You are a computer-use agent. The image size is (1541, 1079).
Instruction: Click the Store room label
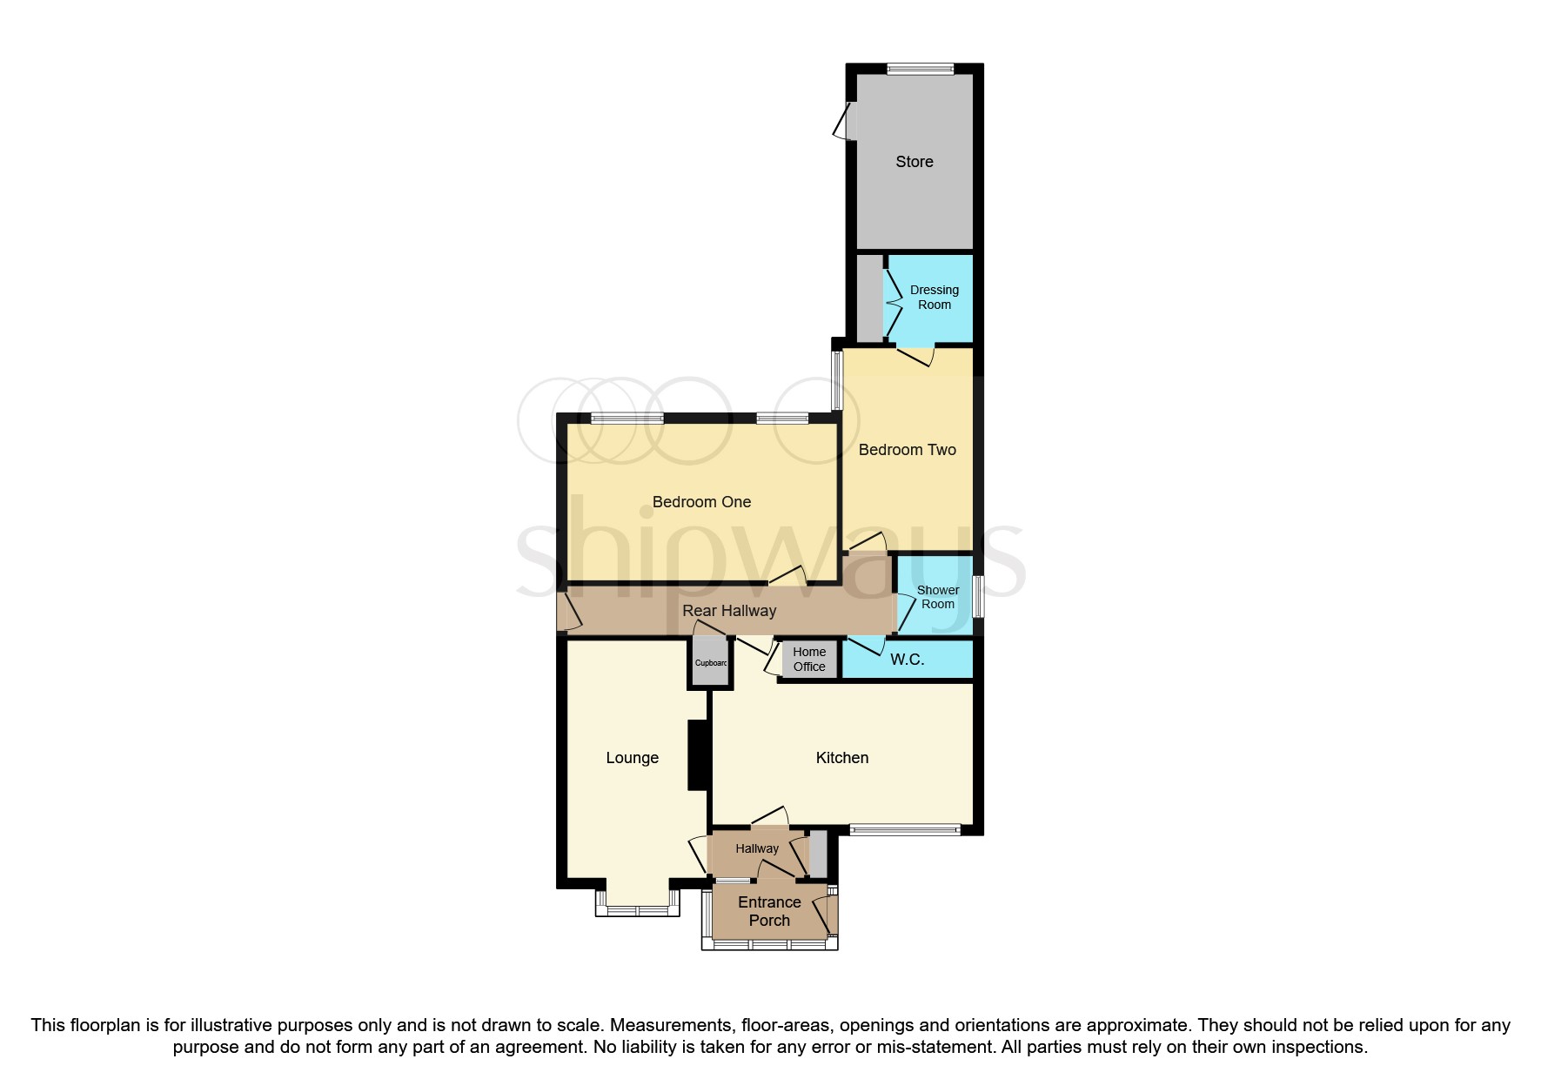(914, 162)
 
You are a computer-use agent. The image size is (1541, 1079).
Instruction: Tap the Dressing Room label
(934, 298)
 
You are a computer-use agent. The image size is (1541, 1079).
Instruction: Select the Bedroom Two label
(907, 450)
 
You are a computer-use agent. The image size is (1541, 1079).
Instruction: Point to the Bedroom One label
(701, 502)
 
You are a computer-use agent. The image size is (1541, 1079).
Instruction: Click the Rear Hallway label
(729, 611)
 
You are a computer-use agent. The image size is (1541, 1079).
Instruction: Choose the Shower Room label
(938, 597)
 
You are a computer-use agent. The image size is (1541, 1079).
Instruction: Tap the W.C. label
(907, 660)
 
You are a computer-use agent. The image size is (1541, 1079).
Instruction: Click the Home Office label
(809, 660)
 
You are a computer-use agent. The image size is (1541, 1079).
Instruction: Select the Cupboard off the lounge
(710, 663)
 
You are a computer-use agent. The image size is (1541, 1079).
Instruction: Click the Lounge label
(632, 758)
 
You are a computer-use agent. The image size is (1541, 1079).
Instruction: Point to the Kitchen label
(841, 758)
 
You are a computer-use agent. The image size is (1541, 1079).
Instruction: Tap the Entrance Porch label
(769, 911)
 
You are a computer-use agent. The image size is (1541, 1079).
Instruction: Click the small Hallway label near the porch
(757, 848)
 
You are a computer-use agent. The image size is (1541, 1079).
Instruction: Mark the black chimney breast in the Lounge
(698, 755)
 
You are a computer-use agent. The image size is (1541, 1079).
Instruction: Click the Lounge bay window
(637, 909)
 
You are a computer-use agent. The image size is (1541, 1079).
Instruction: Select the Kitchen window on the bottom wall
(905, 830)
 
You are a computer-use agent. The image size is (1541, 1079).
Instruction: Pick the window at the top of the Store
(920, 70)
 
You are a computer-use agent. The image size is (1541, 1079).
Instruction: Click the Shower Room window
(978, 597)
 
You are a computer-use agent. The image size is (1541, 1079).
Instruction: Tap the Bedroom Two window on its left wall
(838, 379)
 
